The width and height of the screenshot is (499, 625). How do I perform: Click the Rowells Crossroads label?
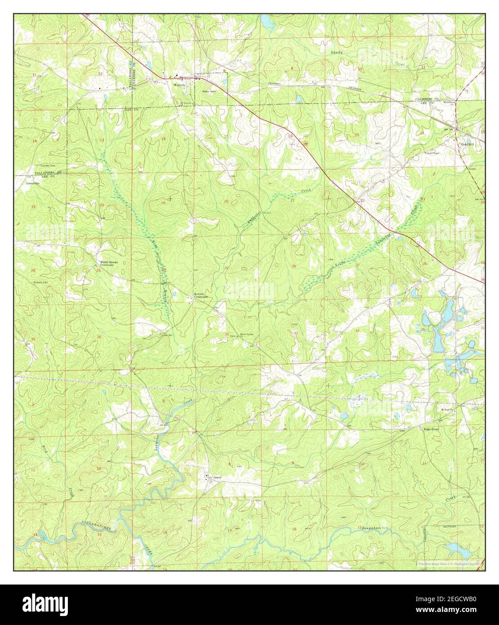point(200,295)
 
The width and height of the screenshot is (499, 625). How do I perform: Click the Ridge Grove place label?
point(431,429)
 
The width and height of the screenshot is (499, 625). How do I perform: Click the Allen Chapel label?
point(433,153)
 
